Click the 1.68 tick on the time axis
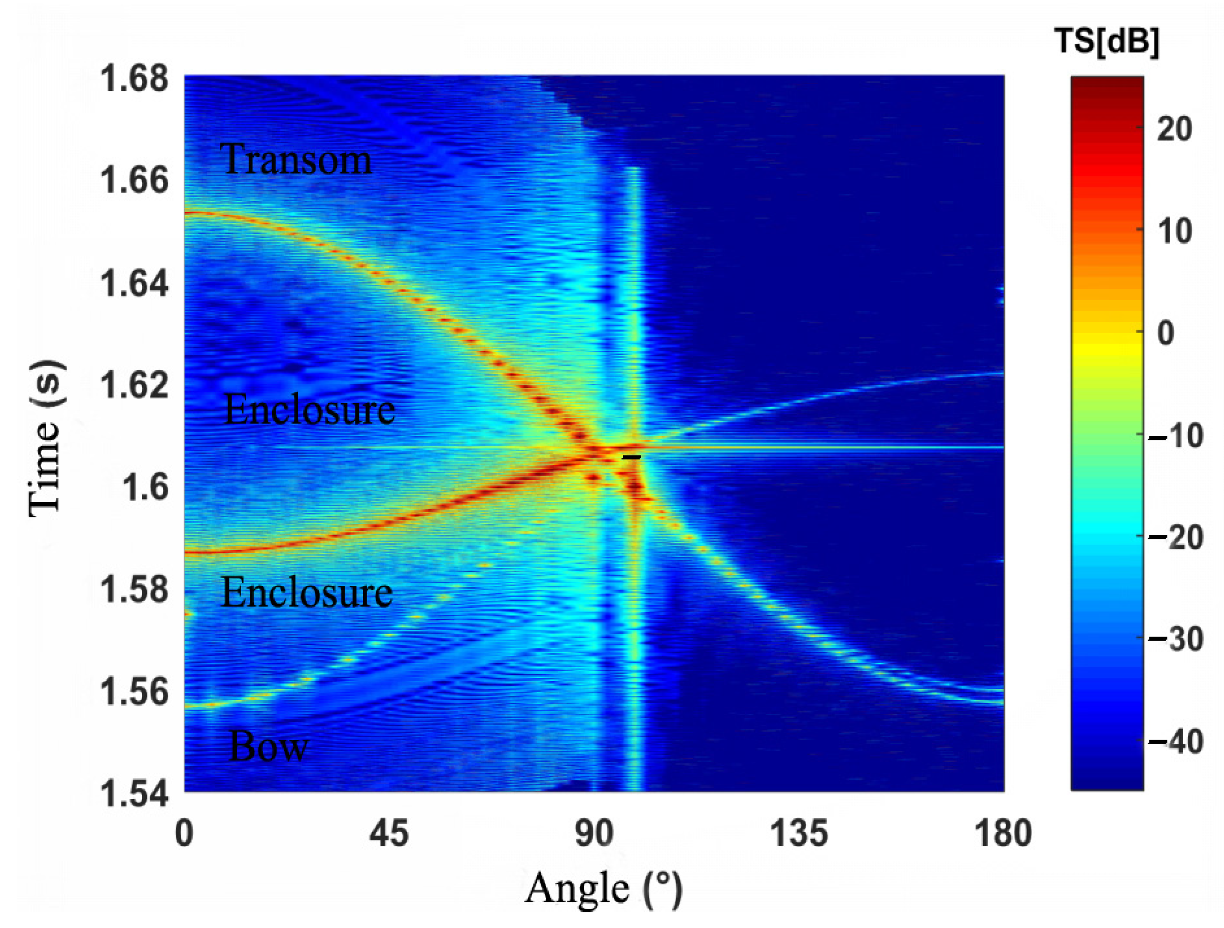tap(134, 79)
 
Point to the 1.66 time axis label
tap(134, 181)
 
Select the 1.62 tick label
tap(134, 386)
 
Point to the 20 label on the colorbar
tap(1174, 130)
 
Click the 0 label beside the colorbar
tap(1165, 334)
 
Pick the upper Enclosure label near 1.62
tap(309, 410)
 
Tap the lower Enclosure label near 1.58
tap(307, 592)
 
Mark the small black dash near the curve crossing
tap(632, 457)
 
